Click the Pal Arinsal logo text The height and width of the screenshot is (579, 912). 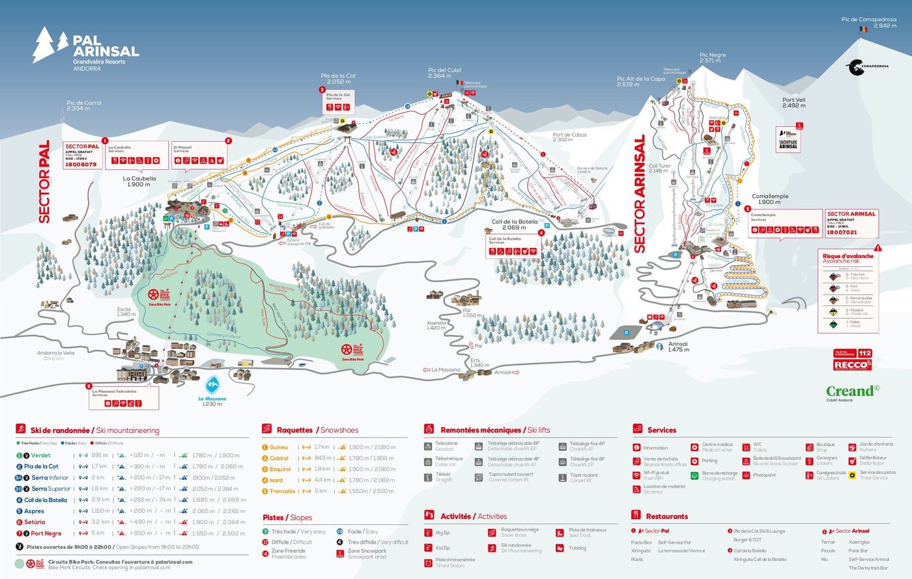point(106,46)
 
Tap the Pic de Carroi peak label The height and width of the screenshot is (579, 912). point(84,106)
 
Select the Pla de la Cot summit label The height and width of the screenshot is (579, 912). point(339,79)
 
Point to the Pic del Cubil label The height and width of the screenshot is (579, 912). point(444,73)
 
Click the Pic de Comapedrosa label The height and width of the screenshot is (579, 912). point(868,23)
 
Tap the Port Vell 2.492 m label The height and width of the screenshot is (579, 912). point(793,103)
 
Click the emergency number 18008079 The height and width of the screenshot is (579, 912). point(81,165)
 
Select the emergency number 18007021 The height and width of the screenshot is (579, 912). point(842,232)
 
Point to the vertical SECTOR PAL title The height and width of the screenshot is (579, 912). point(44,182)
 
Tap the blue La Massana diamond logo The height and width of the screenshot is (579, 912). point(212,385)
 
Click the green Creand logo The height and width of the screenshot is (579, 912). point(852,391)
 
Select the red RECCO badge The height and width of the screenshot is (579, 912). point(852,365)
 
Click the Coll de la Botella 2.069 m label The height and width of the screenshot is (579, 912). point(515,225)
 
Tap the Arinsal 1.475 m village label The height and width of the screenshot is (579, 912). point(677,346)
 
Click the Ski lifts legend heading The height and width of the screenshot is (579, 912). point(495,430)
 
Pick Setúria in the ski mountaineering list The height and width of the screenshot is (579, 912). point(35,522)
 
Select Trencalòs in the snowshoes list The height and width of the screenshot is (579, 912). point(282,491)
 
